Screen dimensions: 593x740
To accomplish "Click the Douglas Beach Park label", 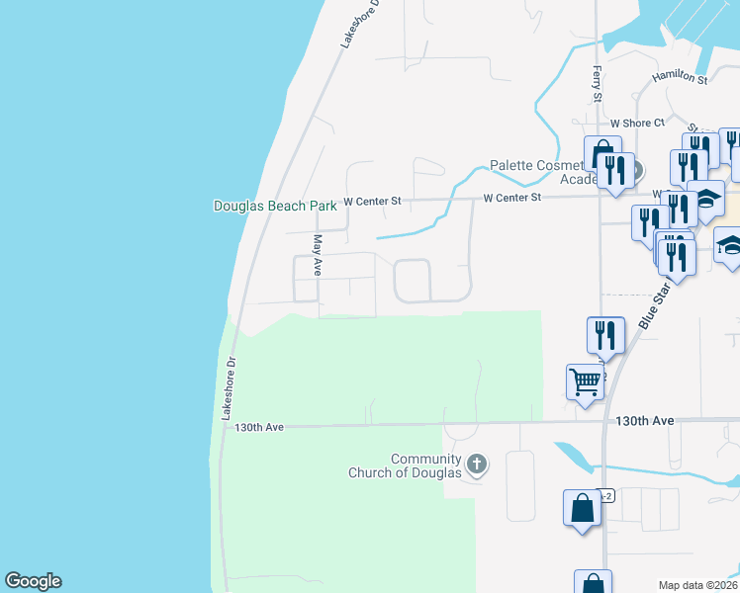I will pos(275,207).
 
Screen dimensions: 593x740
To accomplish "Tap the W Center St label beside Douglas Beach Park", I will pos(371,202).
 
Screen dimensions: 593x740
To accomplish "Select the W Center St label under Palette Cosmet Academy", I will pos(512,198).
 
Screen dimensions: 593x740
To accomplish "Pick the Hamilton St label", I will pos(679,77).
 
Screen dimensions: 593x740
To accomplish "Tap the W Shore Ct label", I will pos(637,124).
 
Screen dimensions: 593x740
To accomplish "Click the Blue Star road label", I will pos(649,303).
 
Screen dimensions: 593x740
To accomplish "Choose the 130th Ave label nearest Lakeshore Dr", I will pos(259,427).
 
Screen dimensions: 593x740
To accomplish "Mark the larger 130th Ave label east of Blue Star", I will pos(644,421).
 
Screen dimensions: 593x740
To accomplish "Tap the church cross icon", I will pos(476,464).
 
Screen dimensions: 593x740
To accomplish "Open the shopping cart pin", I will pos(585,381).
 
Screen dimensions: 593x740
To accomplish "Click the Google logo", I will pos(33,581).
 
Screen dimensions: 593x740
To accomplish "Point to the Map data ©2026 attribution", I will pos(697,585).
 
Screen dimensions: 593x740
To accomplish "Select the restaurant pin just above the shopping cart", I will pos(604,334).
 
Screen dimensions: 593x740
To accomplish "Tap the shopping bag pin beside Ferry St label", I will pos(601,154).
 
